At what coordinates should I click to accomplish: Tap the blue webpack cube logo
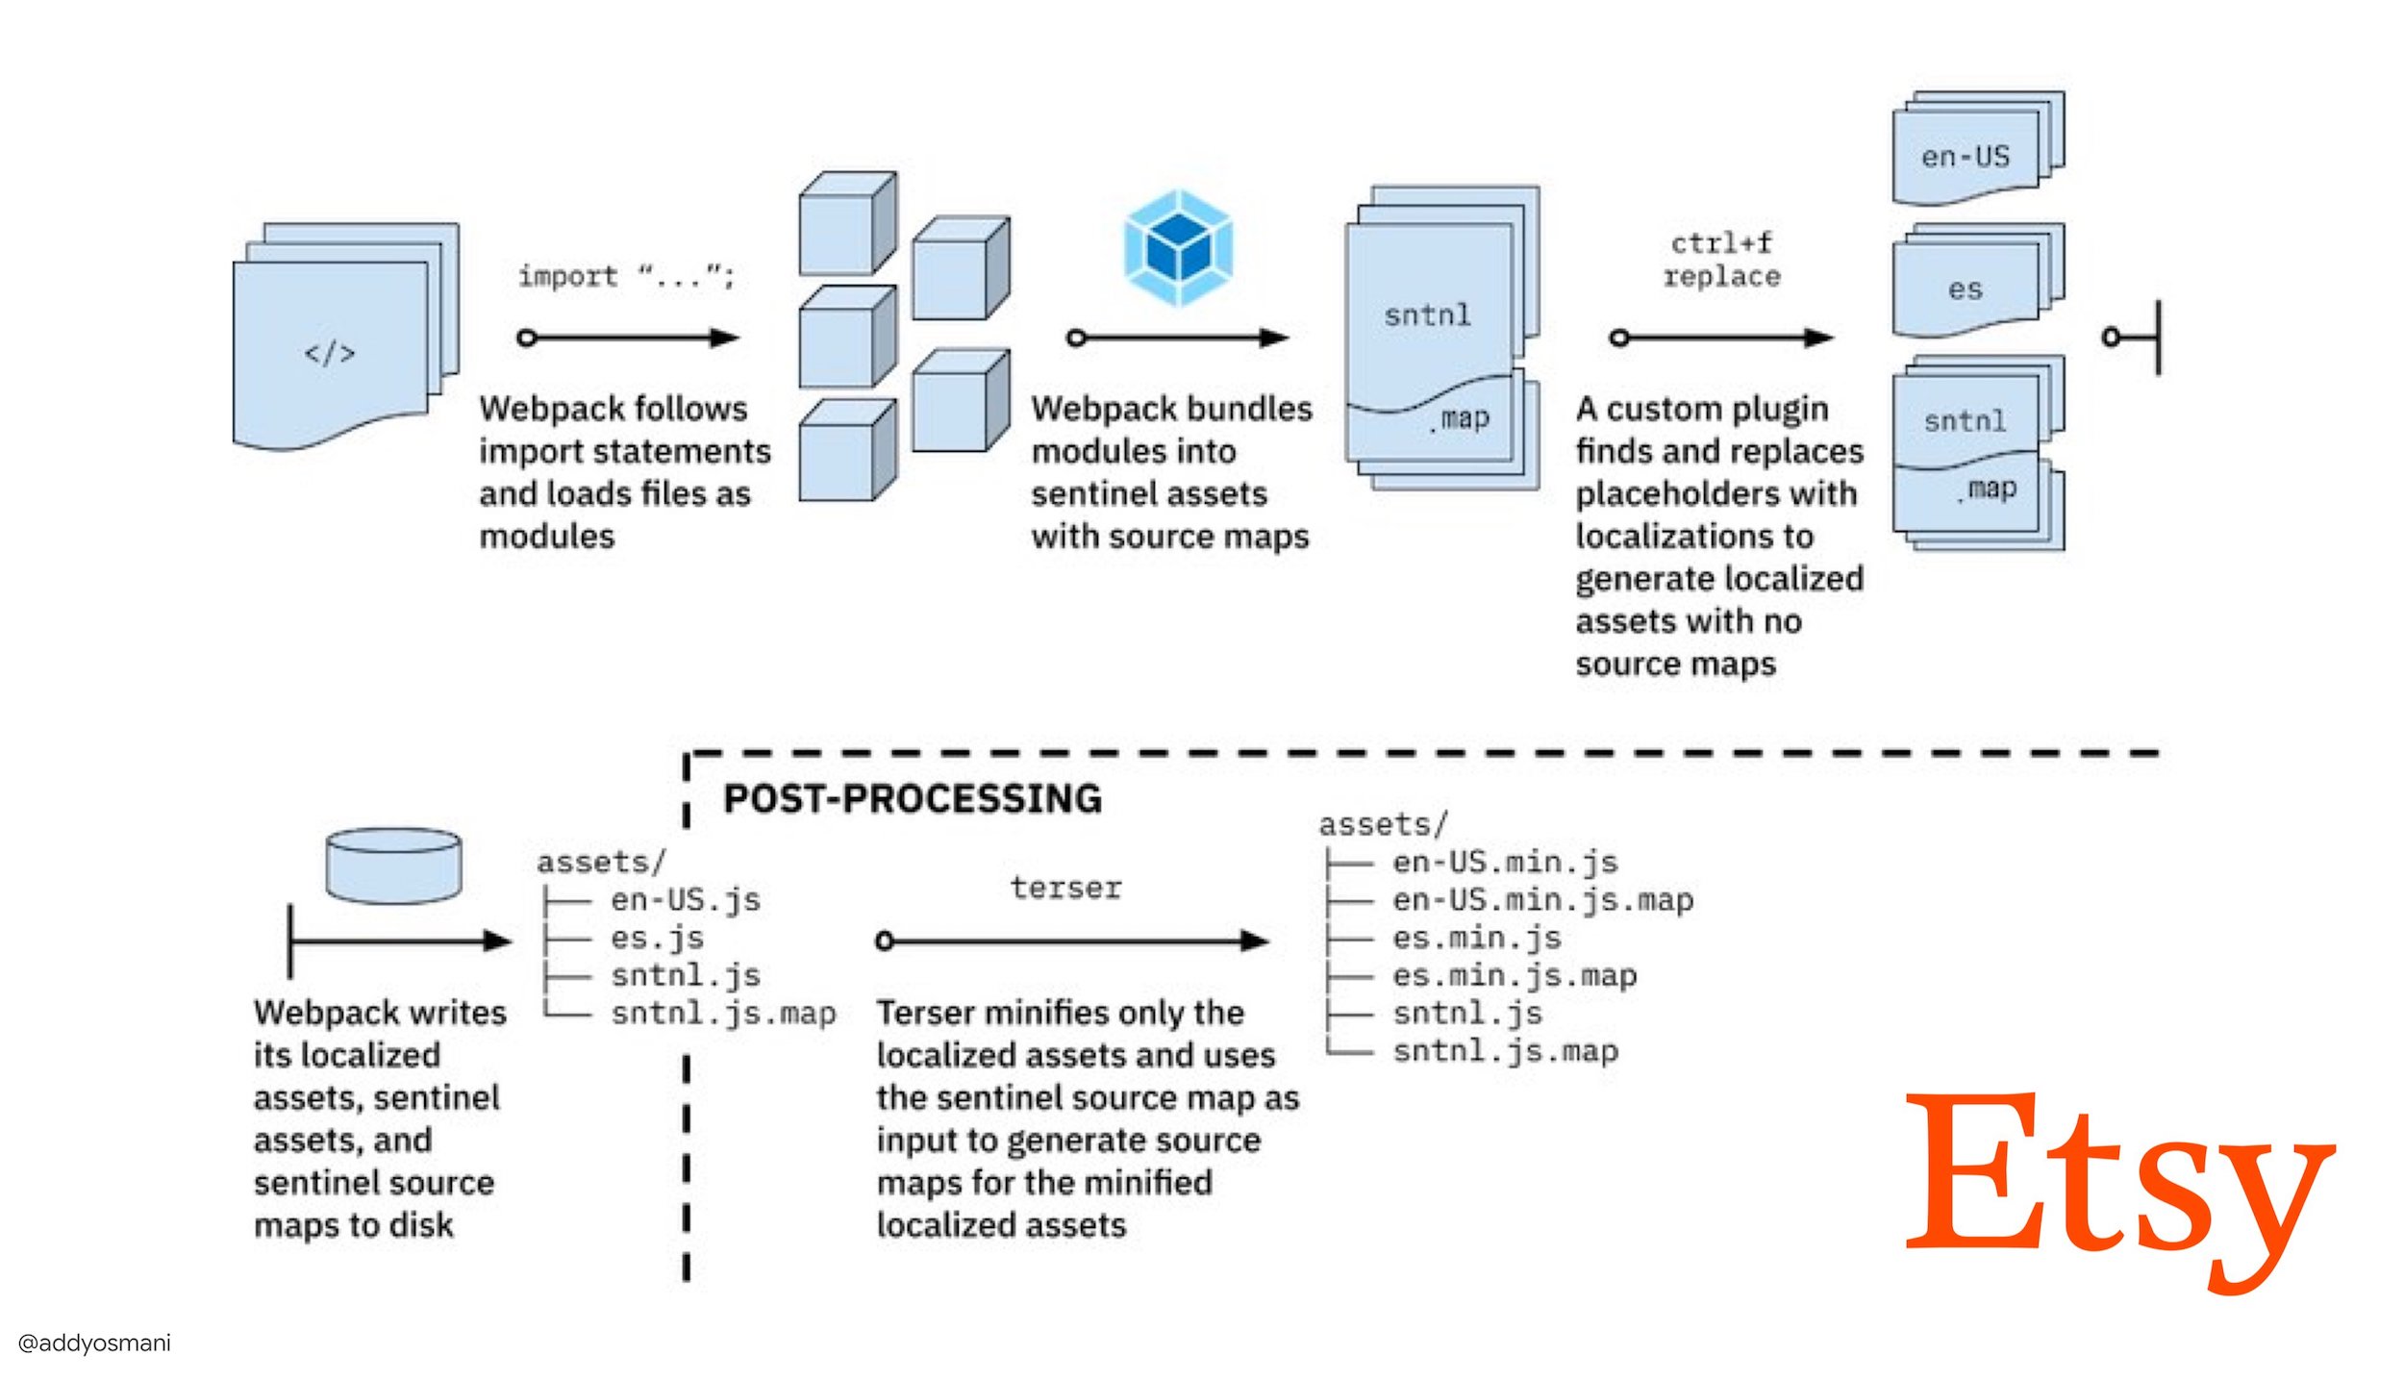click(x=1179, y=248)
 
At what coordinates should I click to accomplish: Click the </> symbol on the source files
click(x=330, y=353)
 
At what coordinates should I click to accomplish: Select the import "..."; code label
click(x=626, y=277)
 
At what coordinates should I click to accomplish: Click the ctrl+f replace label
click(x=1721, y=260)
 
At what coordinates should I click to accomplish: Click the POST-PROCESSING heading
click(x=912, y=799)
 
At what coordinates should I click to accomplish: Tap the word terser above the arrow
click(x=1065, y=887)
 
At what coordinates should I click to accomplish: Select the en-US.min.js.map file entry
click(x=1541, y=900)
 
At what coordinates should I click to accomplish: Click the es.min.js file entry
click(x=1476, y=938)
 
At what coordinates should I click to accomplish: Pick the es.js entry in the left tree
click(x=657, y=938)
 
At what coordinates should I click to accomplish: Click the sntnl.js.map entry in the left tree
click(x=723, y=1013)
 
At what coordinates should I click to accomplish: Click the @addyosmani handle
click(x=94, y=1343)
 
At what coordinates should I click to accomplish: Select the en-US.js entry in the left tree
click(x=685, y=900)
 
